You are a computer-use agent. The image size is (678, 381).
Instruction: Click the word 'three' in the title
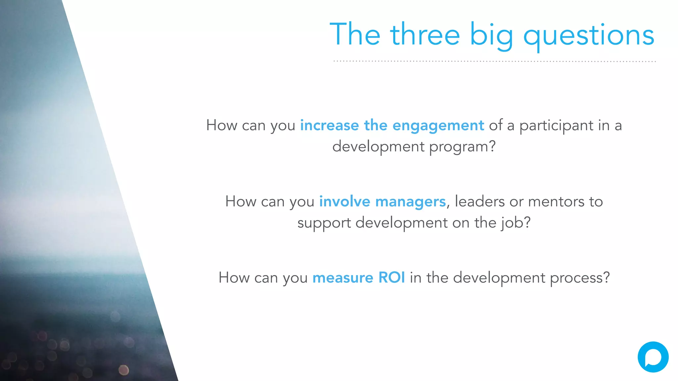coord(425,34)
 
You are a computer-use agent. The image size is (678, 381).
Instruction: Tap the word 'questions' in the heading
coord(589,36)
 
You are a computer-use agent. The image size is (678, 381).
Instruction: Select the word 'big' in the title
coord(492,36)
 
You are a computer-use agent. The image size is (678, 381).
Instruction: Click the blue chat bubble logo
coord(653,357)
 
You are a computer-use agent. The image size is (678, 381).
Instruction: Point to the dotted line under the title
coord(495,61)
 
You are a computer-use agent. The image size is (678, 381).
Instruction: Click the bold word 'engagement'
coord(438,126)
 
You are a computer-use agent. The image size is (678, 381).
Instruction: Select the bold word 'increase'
coord(329,125)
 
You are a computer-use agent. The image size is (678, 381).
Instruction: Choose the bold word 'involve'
coord(344,201)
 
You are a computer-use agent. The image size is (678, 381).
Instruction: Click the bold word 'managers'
coord(411,202)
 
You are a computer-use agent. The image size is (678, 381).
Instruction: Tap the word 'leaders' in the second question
coord(480,201)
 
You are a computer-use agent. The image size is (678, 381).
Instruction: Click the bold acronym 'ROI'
coord(391,277)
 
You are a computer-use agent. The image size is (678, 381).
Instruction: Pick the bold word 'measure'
coord(343,278)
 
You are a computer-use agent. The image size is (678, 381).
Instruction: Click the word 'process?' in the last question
coord(580,278)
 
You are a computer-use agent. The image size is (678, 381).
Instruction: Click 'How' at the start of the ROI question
coord(234,277)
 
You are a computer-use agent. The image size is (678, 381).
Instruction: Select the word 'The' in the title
coord(355,34)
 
